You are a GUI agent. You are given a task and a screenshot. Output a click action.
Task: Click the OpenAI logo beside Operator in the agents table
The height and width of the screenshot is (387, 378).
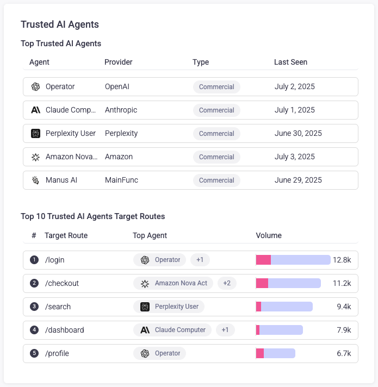click(x=36, y=87)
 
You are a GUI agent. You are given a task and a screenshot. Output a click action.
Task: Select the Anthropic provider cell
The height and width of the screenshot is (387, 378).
click(x=121, y=110)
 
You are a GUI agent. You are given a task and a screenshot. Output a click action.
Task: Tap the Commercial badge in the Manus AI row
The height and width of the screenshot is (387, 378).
click(x=216, y=180)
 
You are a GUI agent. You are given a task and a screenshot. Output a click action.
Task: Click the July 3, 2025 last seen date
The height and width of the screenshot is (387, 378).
click(x=295, y=157)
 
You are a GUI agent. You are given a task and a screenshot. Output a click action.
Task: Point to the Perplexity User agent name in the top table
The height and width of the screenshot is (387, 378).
click(x=71, y=133)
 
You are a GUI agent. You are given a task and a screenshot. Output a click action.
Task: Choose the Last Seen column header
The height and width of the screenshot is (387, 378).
click(x=290, y=62)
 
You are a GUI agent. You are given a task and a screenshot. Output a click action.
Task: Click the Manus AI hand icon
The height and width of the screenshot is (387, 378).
click(x=36, y=180)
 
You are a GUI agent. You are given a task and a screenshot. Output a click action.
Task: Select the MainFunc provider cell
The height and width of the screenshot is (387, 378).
click(x=121, y=180)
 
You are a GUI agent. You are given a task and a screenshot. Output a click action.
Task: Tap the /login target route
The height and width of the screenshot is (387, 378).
click(x=55, y=260)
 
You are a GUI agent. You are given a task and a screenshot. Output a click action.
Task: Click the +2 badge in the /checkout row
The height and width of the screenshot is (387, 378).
click(x=227, y=283)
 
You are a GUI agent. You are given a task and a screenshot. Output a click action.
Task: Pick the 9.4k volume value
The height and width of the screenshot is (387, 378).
click(x=344, y=307)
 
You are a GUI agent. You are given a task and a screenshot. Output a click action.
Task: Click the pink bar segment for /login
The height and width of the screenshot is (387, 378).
click(x=263, y=260)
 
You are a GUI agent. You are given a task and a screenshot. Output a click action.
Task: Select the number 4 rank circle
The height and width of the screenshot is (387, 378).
click(x=34, y=330)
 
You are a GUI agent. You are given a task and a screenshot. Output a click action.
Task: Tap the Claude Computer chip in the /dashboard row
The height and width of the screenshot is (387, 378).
click(x=173, y=330)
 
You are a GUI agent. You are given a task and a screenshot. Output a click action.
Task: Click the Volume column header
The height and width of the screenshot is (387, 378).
click(x=269, y=235)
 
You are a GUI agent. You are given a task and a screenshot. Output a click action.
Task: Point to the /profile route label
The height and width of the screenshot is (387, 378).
click(x=57, y=353)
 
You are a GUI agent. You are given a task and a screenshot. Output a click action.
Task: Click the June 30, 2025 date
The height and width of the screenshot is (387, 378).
click(x=298, y=133)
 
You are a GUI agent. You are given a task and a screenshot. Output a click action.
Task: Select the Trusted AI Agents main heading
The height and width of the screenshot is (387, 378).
click(x=60, y=24)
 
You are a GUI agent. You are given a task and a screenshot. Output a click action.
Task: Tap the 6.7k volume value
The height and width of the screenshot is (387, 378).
click(x=344, y=353)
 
